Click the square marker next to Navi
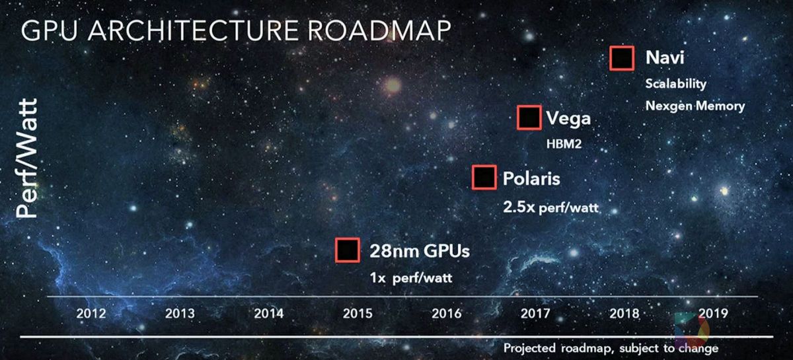pos(622,58)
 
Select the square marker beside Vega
pos(529,118)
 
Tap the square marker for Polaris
pos(484,177)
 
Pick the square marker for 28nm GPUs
pos(348,250)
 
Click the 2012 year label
pos(91,314)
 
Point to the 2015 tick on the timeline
pos(358,314)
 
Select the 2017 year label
pos(535,314)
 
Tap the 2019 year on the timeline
pos(713,314)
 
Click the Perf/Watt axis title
pos(26,159)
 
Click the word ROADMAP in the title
pos(379,30)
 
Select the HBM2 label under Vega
pos(564,144)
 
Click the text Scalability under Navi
pos(676,84)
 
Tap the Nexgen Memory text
pos(695,106)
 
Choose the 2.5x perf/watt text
pos(550,207)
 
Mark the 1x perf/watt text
pos(411,278)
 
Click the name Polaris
pos(531,178)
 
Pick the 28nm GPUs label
pos(420,251)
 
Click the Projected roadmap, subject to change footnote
pos(611,348)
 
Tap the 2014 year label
pos(269,314)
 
